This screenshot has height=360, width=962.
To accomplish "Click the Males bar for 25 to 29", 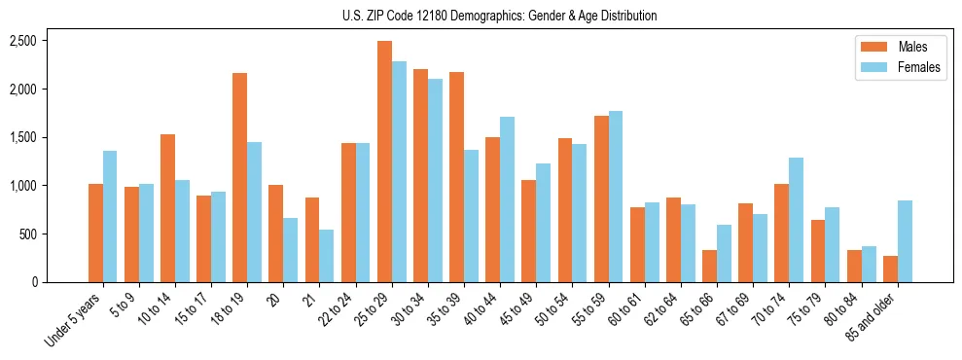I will (384, 162).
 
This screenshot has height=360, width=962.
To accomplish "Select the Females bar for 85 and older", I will (905, 241).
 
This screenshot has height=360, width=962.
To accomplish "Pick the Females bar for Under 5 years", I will (110, 217).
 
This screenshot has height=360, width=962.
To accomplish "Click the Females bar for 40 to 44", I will (507, 199).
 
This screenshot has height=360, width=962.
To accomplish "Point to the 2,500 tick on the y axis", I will (22, 41).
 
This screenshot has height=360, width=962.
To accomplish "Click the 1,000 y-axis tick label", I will (22, 186).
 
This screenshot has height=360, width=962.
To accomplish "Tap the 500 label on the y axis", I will (26, 234).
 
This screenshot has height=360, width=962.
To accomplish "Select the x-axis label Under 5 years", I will (76, 321).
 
